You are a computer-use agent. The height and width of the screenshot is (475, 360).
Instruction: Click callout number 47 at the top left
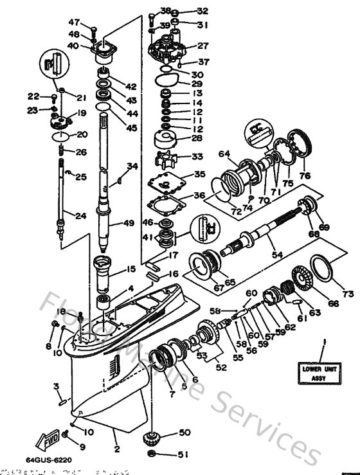pyautogui.click(x=73, y=22)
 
